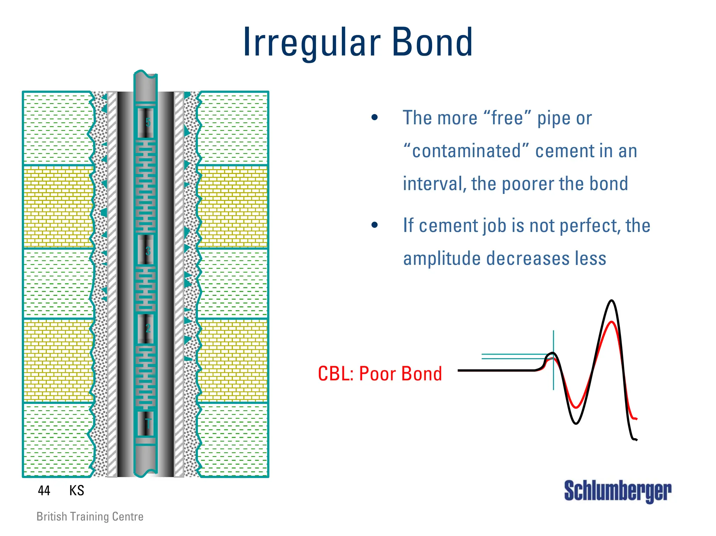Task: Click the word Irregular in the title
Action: click(311, 43)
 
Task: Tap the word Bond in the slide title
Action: click(432, 43)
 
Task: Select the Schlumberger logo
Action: click(617, 491)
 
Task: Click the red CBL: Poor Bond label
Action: click(380, 374)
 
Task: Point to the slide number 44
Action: click(44, 491)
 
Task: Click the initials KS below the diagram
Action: click(77, 491)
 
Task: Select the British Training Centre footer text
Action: click(90, 516)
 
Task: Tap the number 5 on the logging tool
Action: click(148, 122)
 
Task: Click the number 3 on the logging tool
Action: click(148, 251)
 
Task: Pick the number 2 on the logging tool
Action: click(148, 328)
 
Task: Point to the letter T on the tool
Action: click(148, 424)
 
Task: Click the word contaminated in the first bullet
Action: click(466, 151)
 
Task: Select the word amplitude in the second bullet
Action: click(442, 259)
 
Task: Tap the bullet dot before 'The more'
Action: click(375, 117)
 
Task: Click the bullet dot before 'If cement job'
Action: click(375, 225)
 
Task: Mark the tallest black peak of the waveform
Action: click(611, 301)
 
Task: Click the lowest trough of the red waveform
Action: click(576, 407)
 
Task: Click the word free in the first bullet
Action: click(507, 118)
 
